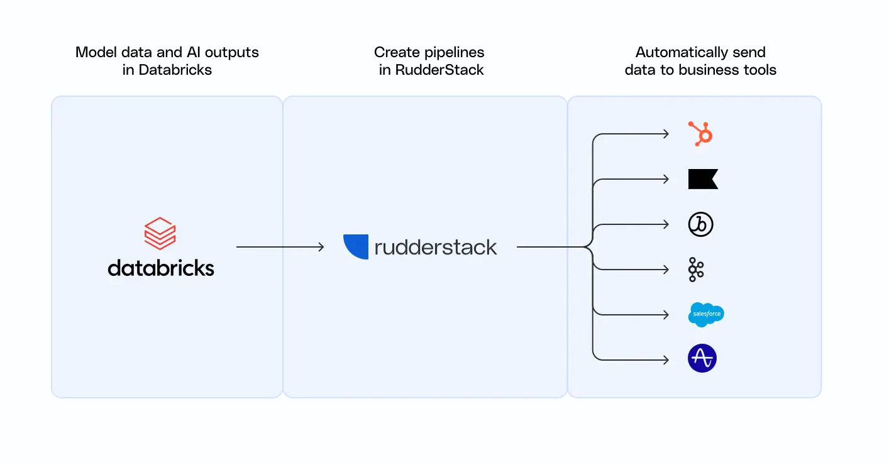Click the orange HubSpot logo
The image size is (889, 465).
click(700, 134)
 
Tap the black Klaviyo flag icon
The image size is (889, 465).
click(703, 179)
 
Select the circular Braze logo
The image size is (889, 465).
click(700, 224)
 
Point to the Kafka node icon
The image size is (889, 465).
click(696, 270)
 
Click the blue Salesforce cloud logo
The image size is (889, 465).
click(706, 314)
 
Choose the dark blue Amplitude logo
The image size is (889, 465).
click(702, 359)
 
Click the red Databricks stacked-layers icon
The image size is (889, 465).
click(160, 233)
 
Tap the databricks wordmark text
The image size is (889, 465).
click(161, 268)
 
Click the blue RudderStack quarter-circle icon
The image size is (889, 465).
click(356, 246)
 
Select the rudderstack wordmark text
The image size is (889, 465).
click(435, 247)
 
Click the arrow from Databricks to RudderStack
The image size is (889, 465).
click(280, 247)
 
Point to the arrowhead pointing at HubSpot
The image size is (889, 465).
click(666, 134)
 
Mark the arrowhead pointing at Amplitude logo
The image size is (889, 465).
click(666, 360)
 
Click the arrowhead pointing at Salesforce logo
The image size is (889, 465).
click(666, 315)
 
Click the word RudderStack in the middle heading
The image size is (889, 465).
click(439, 70)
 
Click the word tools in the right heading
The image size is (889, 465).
click(759, 70)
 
